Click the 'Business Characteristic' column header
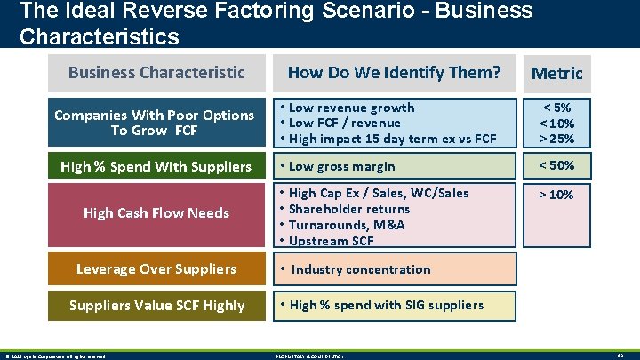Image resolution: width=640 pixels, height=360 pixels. tap(156, 72)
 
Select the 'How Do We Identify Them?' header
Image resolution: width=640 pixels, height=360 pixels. tap(394, 72)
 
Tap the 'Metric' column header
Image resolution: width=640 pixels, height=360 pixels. tap(556, 73)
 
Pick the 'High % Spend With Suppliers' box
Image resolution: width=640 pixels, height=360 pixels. tap(156, 166)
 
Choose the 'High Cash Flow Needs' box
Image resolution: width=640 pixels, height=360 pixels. tap(156, 212)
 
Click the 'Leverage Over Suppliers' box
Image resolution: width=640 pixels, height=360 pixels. tap(156, 268)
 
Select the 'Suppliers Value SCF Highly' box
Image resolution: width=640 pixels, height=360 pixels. tap(156, 305)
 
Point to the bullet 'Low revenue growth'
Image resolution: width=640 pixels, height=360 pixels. tap(351, 108)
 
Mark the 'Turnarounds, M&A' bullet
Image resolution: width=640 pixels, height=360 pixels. tap(347, 225)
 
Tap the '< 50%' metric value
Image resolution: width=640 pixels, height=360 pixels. tap(556, 165)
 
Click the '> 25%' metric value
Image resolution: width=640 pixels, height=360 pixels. tap(556, 139)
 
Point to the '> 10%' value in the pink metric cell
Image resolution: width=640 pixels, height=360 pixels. tap(556, 194)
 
